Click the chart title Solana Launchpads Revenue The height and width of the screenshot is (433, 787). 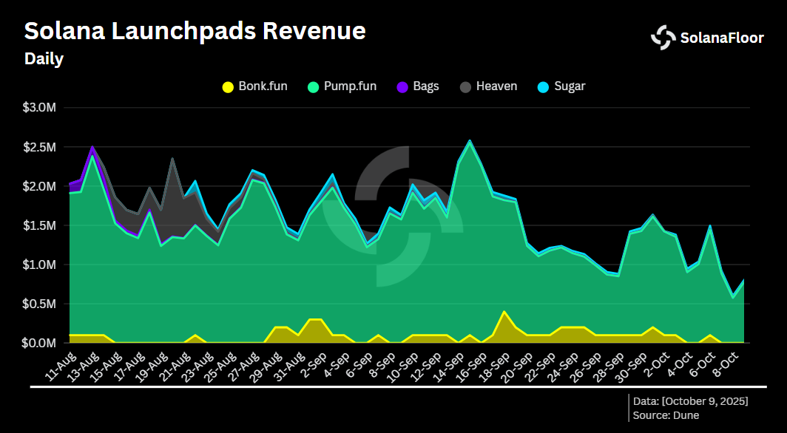(x=195, y=31)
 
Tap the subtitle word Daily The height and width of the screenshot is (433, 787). (x=44, y=59)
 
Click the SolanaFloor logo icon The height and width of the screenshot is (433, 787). (x=663, y=38)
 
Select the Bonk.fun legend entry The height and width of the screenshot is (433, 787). (x=254, y=86)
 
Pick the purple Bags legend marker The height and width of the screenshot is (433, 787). (x=402, y=86)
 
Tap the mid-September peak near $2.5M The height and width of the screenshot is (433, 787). (x=470, y=141)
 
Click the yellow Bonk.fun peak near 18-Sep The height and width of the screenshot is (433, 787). (x=504, y=312)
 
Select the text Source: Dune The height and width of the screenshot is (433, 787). (x=666, y=415)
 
